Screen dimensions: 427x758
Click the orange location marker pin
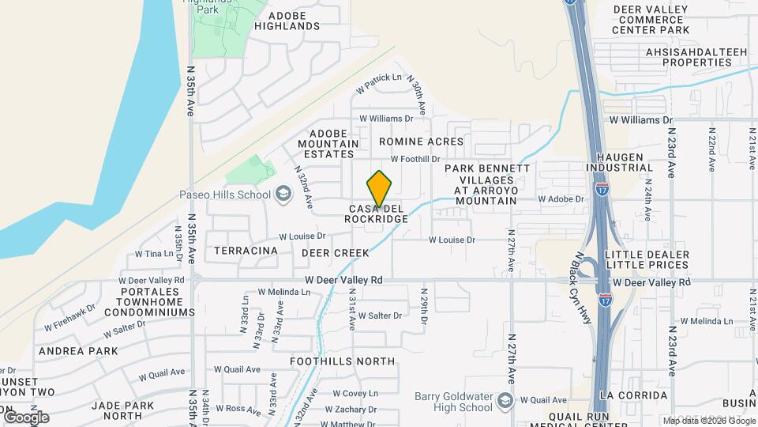[380, 188]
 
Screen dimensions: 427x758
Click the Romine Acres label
[421, 142]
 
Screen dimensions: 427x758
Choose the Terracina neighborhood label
[246, 251]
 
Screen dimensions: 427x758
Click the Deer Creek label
[336, 253]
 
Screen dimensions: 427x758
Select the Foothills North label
[342, 361]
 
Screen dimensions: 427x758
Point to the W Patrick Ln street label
[380, 78]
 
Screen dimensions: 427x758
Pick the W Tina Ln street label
[154, 254]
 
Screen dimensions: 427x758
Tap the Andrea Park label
[78, 351]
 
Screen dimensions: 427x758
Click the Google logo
[25, 417]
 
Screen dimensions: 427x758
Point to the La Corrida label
[634, 395]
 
